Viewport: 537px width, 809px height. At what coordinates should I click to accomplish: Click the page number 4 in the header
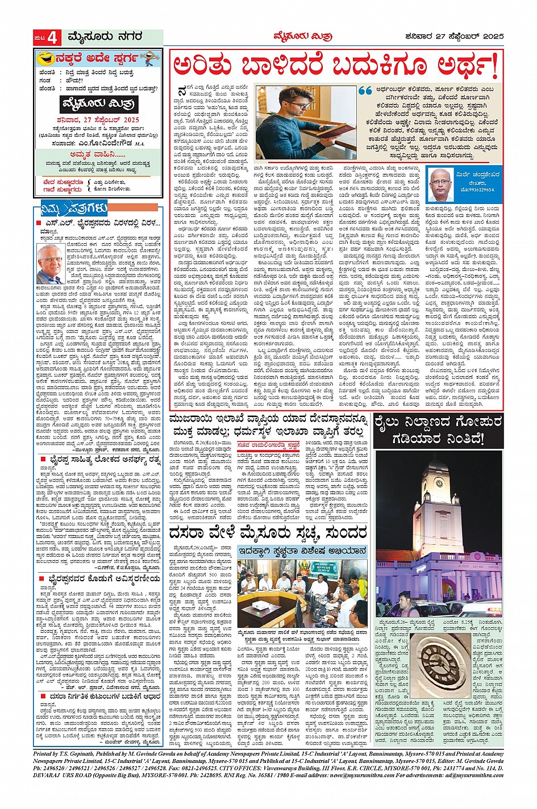(x=53, y=38)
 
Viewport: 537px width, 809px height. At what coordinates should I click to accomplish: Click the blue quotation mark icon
(x=365, y=91)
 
